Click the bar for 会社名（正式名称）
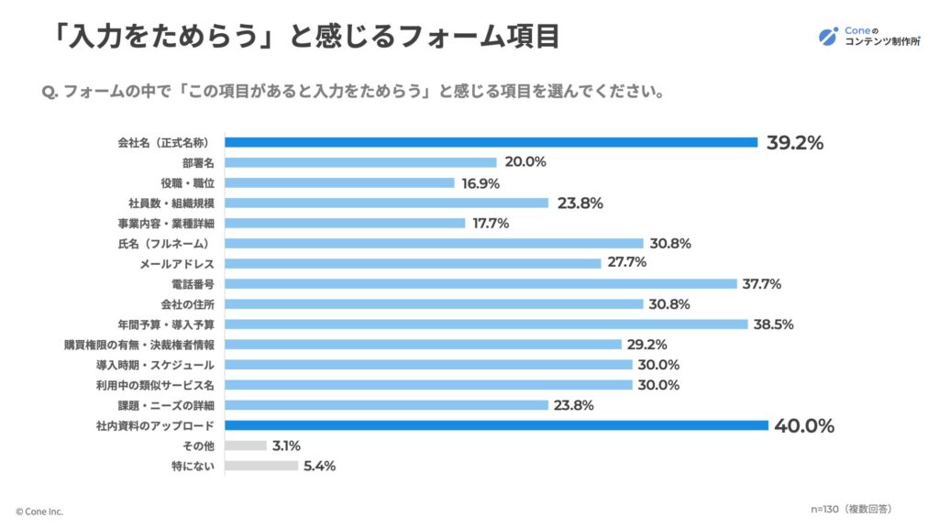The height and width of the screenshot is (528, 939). (491, 142)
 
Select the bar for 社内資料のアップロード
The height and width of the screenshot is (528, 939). (496, 425)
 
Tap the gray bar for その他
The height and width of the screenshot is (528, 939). (245, 445)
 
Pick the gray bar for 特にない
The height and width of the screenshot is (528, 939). (260, 466)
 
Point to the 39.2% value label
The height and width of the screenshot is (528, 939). (794, 142)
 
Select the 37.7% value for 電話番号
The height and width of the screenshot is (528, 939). (762, 284)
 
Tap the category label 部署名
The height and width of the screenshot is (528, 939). (197, 162)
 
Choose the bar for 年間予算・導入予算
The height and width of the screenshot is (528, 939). (486, 324)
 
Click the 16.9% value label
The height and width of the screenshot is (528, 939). (481, 182)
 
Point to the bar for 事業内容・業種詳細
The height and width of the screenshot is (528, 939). (344, 223)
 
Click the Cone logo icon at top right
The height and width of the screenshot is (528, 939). (828, 37)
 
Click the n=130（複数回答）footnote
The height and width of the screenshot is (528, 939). (851, 508)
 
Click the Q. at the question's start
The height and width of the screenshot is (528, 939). (51, 92)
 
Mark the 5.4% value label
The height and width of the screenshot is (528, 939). (319, 466)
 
